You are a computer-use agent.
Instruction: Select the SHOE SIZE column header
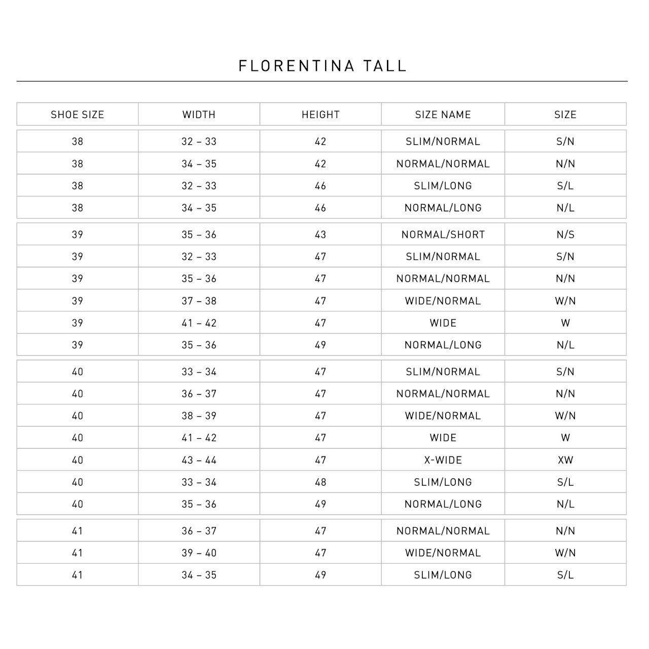[78, 115]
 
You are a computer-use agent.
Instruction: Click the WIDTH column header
[199, 115]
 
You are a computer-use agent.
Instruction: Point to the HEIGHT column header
[320, 115]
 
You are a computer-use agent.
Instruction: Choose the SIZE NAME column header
[443, 115]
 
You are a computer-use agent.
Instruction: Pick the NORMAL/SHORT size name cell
[443, 235]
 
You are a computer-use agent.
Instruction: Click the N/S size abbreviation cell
[565, 235]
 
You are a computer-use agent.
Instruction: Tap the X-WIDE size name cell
[443, 460]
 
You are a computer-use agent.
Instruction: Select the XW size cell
[565, 460]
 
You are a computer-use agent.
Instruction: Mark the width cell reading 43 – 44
[199, 460]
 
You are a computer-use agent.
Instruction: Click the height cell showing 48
[320, 482]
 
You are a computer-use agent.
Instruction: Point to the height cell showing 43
[320, 235]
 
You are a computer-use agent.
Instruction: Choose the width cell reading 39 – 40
[199, 553]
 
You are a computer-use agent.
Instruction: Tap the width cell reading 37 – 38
[199, 301]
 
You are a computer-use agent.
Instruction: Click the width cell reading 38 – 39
[199, 416]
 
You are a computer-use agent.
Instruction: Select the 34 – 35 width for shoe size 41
[199, 575]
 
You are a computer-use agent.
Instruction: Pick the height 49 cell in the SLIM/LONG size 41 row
[320, 575]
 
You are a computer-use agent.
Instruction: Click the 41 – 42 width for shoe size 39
[199, 323]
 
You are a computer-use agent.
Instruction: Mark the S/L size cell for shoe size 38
[565, 186]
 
